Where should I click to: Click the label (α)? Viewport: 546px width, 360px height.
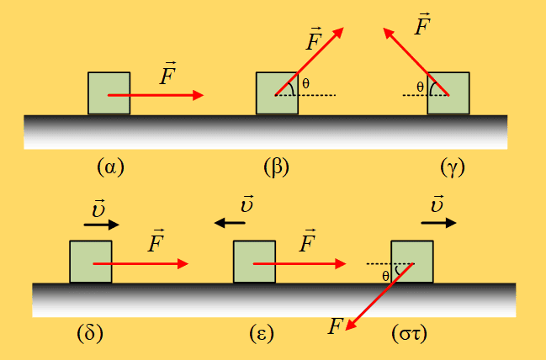[111, 167]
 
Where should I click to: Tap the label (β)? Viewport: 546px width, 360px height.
[277, 167]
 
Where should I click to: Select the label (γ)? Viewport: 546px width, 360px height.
[453, 167]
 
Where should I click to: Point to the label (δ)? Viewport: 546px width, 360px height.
[90, 333]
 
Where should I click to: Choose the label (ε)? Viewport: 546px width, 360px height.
[262, 334]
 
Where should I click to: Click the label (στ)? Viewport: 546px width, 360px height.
[409, 334]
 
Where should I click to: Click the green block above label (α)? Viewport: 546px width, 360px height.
[109, 93]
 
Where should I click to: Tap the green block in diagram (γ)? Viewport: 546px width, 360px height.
[448, 93]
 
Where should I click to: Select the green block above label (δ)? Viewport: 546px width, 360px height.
[91, 262]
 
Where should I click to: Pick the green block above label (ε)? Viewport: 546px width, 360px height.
[254, 262]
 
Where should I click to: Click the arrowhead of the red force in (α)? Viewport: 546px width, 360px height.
[198, 95]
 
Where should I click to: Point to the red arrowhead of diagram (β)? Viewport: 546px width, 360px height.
[337, 33]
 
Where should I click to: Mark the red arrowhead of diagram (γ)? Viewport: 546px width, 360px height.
[389, 34]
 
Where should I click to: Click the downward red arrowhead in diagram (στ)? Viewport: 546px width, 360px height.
[351, 324]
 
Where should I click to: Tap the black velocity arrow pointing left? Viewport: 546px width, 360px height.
[230, 223]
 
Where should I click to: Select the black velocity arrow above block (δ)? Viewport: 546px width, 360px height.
[101, 225]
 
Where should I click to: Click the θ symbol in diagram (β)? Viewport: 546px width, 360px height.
[305, 83]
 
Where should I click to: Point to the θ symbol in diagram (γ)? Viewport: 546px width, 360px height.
[421, 87]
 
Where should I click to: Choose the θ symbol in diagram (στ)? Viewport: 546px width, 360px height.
[385, 276]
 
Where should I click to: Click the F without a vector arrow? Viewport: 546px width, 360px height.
[336, 326]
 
